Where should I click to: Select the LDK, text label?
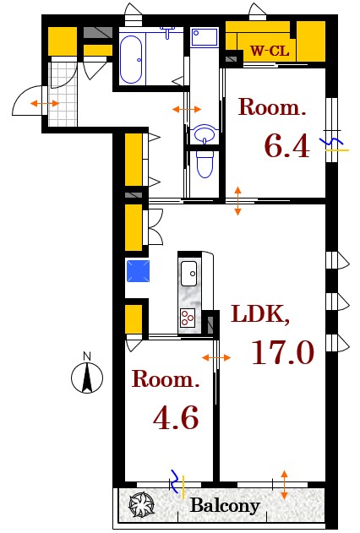point(260,316)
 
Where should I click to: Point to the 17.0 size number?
point(281,351)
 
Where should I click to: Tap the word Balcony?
point(224,507)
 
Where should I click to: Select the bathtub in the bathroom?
point(130,58)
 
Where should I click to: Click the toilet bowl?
point(204,165)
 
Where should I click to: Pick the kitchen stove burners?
point(187,318)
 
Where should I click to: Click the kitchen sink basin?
point(188,272)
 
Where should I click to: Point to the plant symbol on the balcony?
point(139,506)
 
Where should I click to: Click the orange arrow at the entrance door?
point(44,103)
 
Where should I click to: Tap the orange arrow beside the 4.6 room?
point(217,359)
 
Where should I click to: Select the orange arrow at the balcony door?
point(284,483)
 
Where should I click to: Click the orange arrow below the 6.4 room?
point(237,200)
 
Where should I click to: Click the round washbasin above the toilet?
point(204,133)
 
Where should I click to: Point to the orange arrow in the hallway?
point(186,109)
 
